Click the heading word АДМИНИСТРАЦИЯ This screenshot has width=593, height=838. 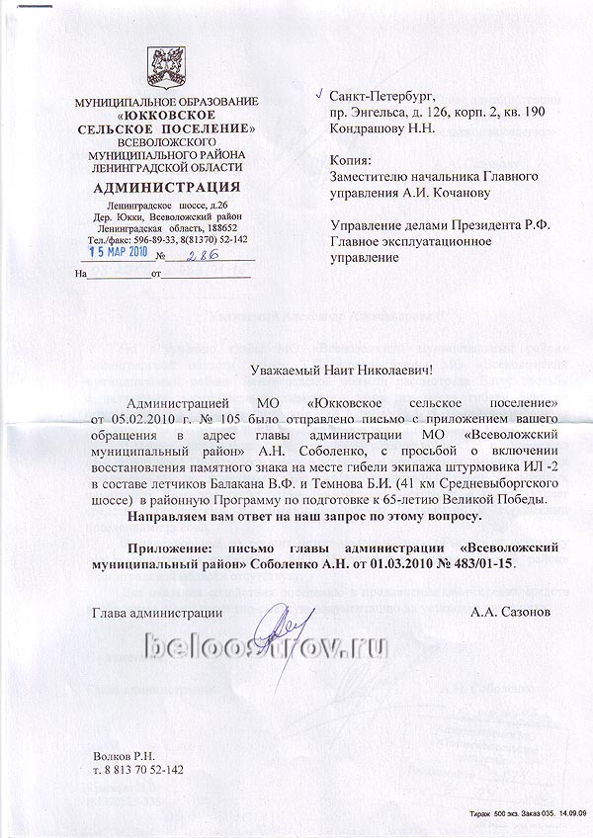pyautogui.click(x=159, y=187)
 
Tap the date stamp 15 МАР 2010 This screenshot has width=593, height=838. pyautogui.click(x=112, y=254)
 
